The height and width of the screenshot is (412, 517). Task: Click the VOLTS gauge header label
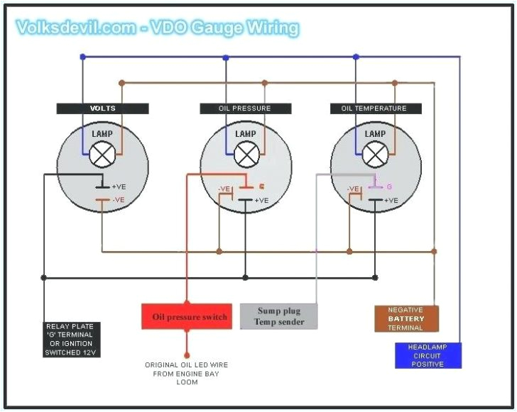(x=103, y=108)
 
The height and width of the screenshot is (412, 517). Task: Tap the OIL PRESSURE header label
(x=245, y=108)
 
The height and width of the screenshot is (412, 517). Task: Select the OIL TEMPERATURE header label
(x=374, y=108)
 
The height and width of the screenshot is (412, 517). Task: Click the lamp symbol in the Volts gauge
(x=104, y=154)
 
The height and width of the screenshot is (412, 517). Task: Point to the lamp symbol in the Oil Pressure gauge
(x=246, y=154)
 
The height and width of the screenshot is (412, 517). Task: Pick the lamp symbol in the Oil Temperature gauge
(x=375, y=154)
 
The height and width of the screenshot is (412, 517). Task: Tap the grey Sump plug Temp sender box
(x=278, y=316)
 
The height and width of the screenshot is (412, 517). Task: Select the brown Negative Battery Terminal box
(x=406, y=319)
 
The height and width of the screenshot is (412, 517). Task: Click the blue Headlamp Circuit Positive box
(x=428, y=355)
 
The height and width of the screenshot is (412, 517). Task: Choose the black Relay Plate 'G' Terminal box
(x=70, y=339)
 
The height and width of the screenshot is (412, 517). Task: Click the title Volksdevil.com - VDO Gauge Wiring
(x=158, y=28)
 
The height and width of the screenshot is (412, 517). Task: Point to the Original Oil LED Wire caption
(x=187, y=373)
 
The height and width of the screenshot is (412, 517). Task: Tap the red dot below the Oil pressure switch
(x=187, y=354)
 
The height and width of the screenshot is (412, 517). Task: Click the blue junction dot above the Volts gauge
(x=82, y=57)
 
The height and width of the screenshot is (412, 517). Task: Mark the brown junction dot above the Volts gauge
(x=122, y=82)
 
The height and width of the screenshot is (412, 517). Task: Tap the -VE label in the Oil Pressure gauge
(x=225, y=189)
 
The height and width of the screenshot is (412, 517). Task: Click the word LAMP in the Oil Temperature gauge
(x=375, y=134)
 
